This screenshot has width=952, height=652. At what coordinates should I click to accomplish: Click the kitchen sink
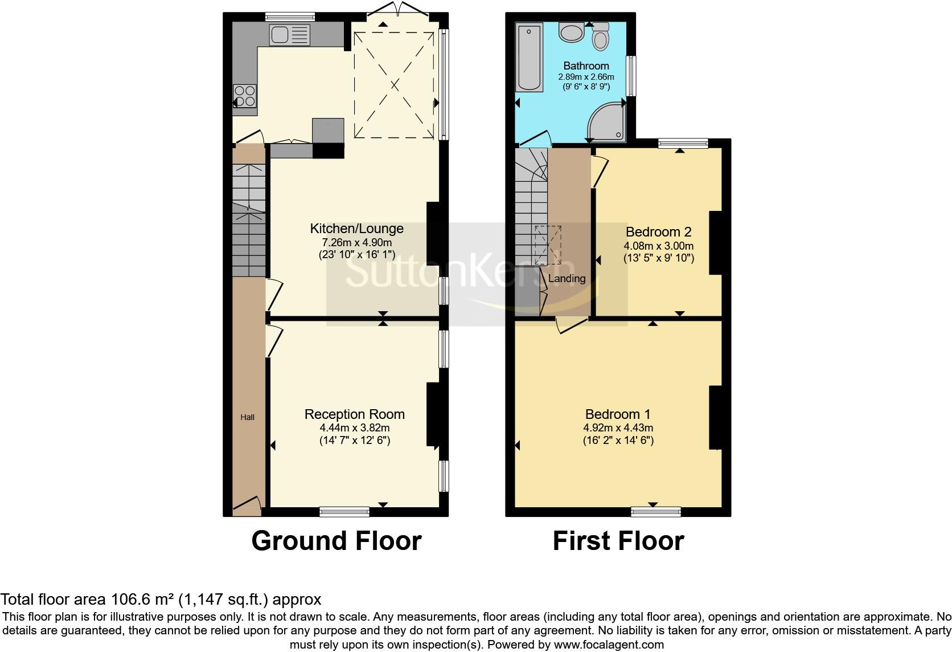(x=290, y=35)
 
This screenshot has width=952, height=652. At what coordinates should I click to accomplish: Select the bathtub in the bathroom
(x=530, y=57)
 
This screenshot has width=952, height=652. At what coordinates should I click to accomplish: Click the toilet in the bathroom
(x=600, y=36)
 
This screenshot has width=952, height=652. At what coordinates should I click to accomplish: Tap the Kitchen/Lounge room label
(x=356, y=229)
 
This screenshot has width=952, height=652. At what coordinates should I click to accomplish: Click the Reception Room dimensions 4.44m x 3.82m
(x=355, y=427)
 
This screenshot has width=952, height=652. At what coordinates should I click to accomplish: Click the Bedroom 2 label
(x=658, y=232)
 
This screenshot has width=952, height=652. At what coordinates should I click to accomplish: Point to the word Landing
(x=567, y=279)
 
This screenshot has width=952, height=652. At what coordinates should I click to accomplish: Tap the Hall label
(x=247, y=417)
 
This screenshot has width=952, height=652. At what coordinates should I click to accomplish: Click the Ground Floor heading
(x=336, y=541)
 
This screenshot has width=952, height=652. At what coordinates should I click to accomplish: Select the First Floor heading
(x=618, y=541)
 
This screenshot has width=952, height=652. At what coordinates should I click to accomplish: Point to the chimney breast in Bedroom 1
(x=715, y=418)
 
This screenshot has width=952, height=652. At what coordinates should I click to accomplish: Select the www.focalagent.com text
(x=608, y=645)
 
